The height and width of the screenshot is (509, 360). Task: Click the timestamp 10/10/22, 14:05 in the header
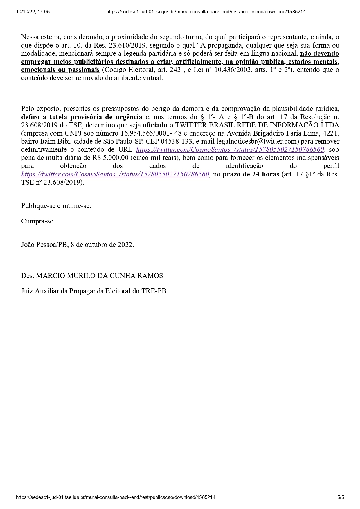[x=33, y=12]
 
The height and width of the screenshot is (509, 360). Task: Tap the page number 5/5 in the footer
[x=341, y=497]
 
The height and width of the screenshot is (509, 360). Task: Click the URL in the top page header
[x=206, y=12]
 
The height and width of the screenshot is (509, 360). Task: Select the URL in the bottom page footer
[x=116, y=497]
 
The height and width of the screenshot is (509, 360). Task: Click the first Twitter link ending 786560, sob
[x=230, y=150]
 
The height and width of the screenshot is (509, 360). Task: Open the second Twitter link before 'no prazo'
[x=115, y=174]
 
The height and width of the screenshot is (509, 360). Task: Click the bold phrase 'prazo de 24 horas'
[x=251, y=174]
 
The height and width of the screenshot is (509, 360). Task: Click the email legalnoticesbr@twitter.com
[x=258, y=142]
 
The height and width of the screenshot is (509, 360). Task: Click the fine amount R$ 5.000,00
[x=110, y=158]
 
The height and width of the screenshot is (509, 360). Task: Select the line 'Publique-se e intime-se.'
[x=56, y=206]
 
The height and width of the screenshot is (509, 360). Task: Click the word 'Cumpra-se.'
[x=38, y=221]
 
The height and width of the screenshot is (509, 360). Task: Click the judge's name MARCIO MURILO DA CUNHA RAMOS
[x=99, y=276]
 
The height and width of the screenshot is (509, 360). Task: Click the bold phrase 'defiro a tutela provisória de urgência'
[x=82, y=117]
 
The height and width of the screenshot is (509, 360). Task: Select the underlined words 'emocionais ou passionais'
[x=60, y=70]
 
